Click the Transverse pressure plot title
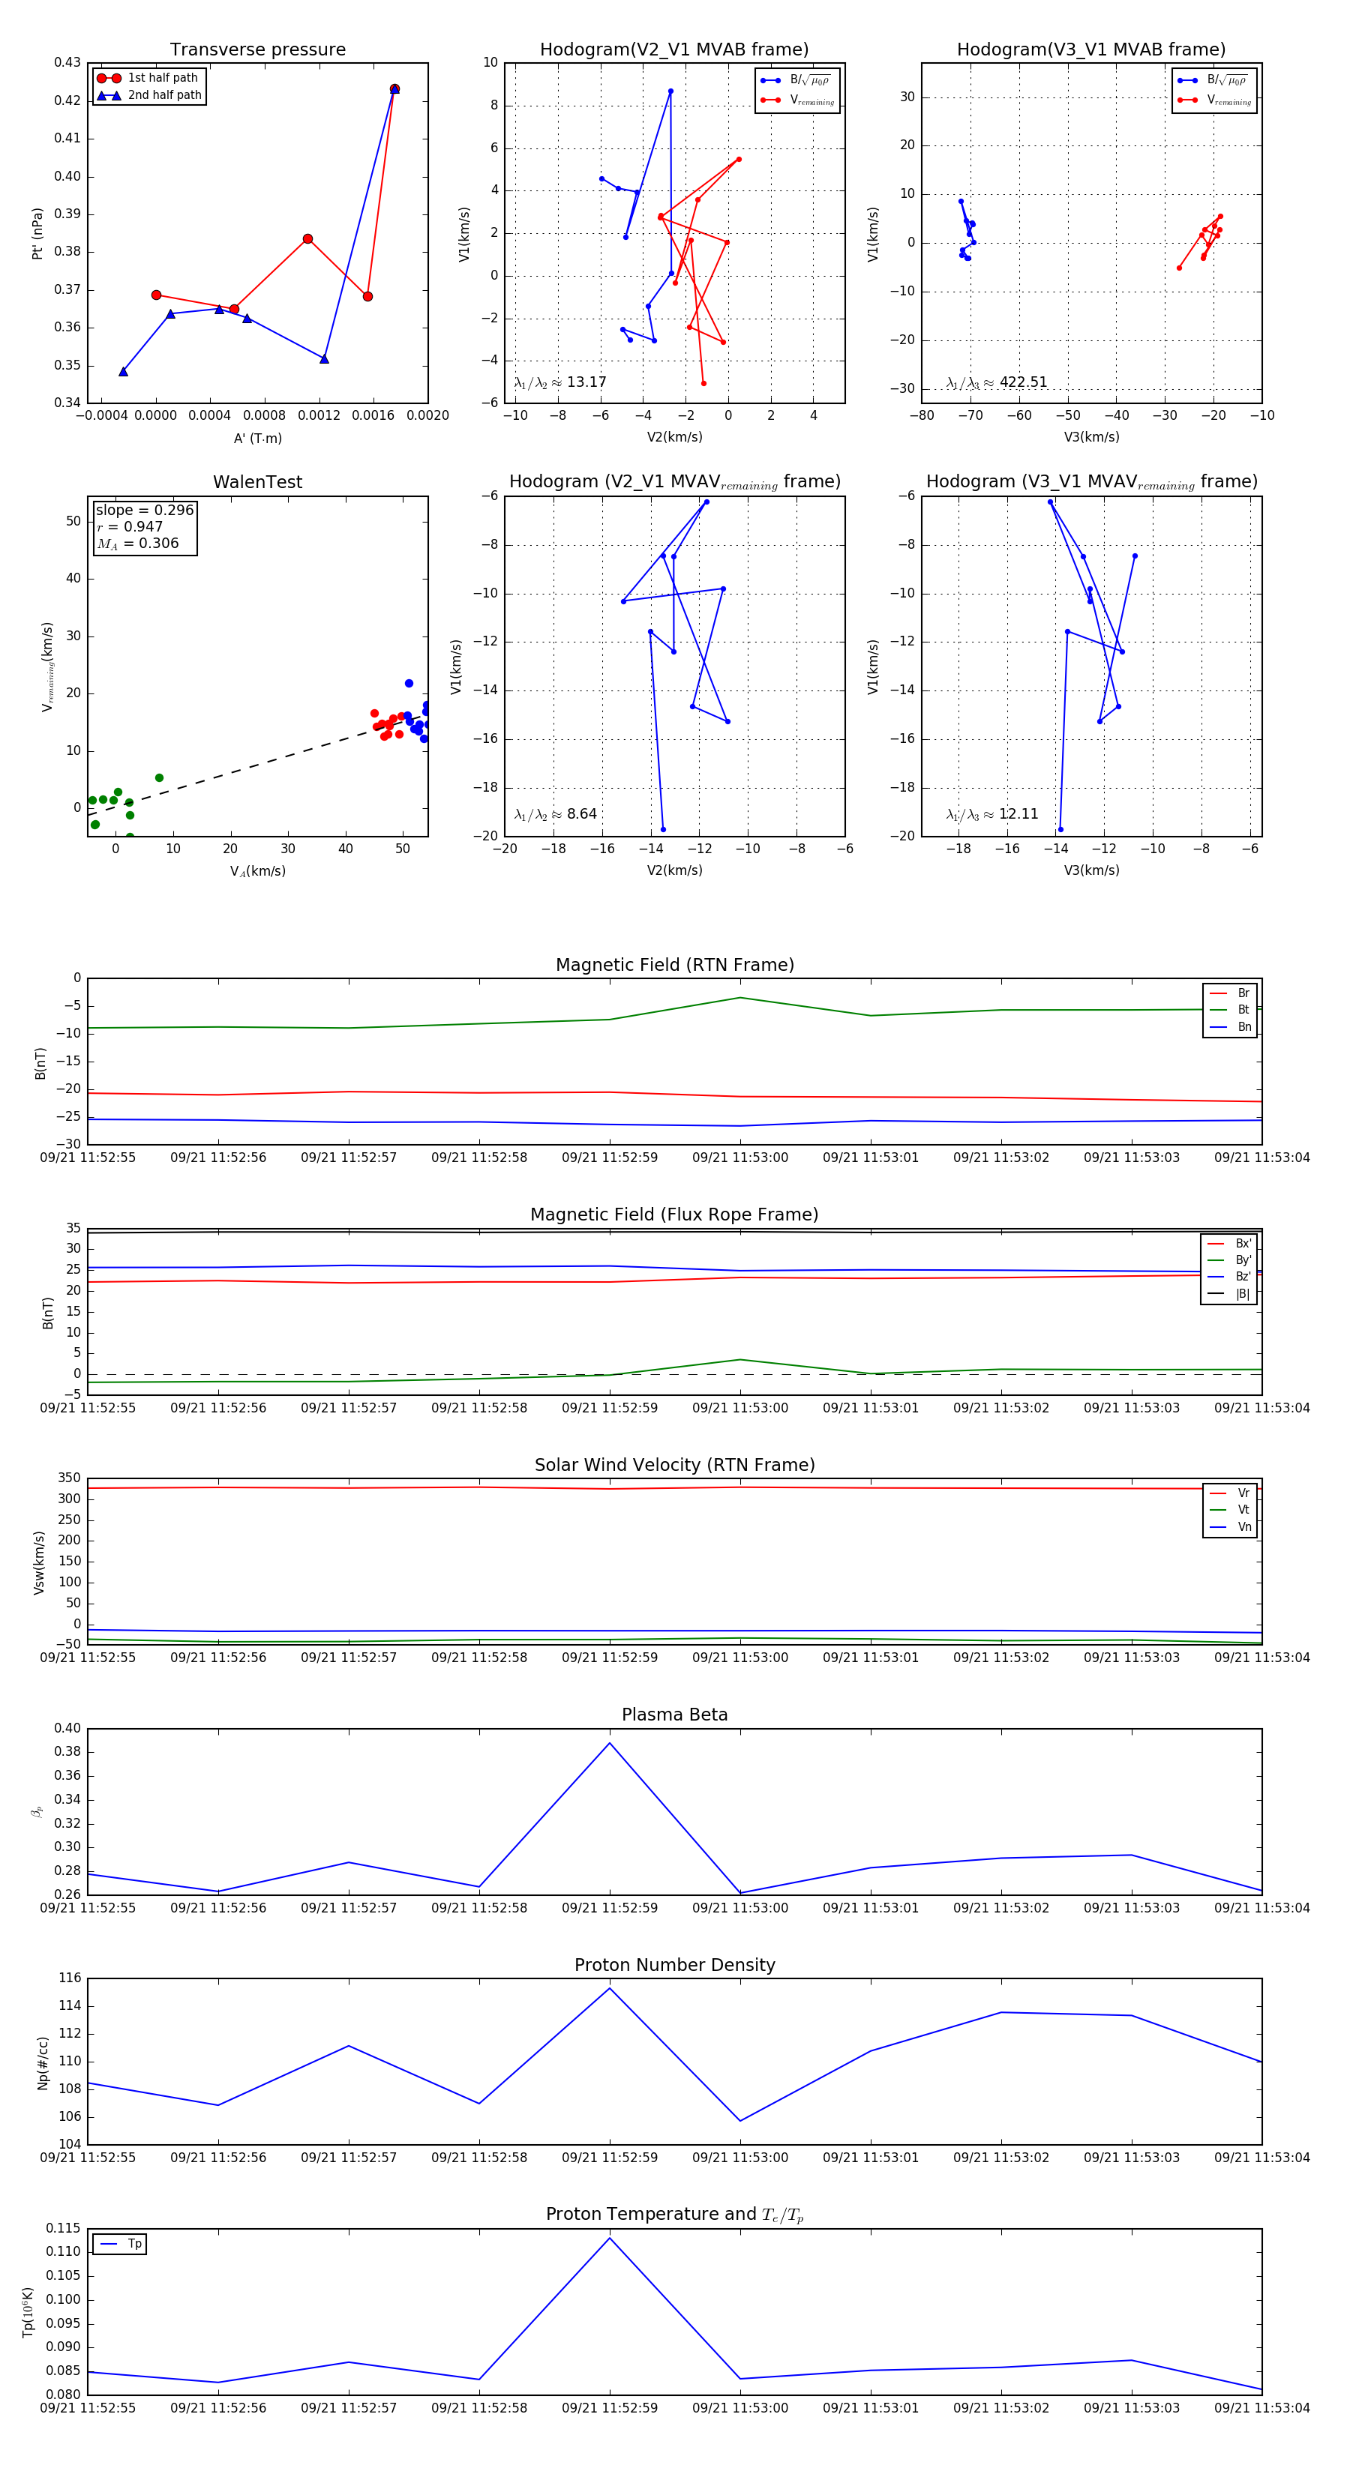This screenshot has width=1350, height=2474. [x=257, y=50]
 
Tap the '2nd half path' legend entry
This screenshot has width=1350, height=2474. [x=164, y=95]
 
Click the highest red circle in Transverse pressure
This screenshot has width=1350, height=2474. [x=394, y=89]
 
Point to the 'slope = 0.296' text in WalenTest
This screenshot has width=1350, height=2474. [x=144, y=510]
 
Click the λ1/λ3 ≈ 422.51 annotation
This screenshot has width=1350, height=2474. [x=997, y=382]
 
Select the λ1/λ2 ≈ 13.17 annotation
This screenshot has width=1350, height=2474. [x=560, y=382]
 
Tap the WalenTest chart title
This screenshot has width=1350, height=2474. [x=257, y=482]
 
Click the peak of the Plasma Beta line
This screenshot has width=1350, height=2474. [x=609, y=1743]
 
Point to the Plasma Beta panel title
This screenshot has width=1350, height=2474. [x=674, y=1715]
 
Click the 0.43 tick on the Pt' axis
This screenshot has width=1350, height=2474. [x=67, y=62]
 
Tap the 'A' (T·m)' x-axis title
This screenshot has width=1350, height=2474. [x=257, y=438]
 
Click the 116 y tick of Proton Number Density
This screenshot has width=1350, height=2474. [x=69, y=1978]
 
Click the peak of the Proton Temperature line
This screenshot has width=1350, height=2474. [x=609, y=2239]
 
